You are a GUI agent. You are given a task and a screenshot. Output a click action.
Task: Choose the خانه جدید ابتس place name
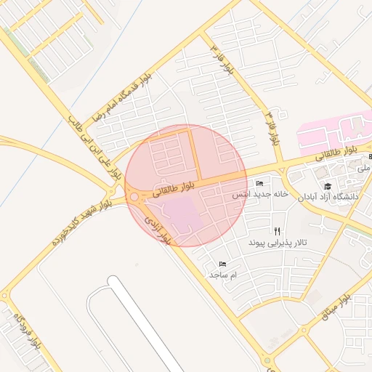tap(260, 195)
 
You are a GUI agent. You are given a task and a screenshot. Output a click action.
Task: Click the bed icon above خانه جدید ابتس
tap(260, 184)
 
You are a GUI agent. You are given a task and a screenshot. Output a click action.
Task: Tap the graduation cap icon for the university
tap(327, 186)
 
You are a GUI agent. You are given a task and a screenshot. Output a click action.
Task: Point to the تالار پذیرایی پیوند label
tap(277, 241)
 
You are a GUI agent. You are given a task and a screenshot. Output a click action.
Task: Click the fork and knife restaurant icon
tap(277, 230)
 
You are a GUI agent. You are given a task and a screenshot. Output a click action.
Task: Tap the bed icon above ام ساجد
tap(222, 264)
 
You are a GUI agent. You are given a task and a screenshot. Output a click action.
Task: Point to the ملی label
tap(364, 167)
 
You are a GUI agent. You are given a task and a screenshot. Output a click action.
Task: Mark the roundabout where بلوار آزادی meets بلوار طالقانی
tap(134, 197)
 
